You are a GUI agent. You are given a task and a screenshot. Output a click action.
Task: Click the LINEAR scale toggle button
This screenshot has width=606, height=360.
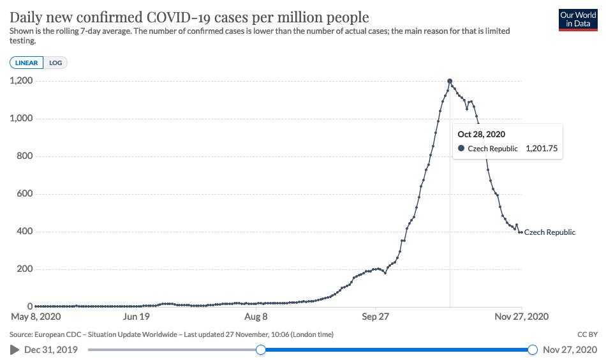click(x=27, y=63)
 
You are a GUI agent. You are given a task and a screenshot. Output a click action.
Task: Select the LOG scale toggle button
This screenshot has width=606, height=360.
click(x=55, y=63)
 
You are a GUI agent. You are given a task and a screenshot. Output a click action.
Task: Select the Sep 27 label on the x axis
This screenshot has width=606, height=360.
click(x=376, y=316)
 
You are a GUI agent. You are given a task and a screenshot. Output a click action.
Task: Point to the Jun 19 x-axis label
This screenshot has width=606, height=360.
click(x=136, y=316)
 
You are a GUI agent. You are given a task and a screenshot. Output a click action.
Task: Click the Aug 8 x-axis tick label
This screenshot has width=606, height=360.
click(x=256, y=316)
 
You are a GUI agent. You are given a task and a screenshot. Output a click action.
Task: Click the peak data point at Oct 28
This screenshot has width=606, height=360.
click(x=450, y=81)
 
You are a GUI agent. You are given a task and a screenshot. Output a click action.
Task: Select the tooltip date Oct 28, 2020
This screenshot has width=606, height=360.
click(x=482, y=135)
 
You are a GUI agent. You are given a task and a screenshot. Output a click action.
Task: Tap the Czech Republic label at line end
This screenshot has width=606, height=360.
click(x=549, y=232)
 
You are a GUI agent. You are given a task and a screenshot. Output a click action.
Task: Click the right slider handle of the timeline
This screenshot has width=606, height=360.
click(x=533, y=349)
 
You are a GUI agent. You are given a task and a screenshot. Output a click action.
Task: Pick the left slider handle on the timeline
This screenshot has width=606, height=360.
click(x=260, y=349)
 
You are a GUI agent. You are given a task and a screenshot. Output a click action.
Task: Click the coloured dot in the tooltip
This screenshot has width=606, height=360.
click(x=461, y=149)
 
